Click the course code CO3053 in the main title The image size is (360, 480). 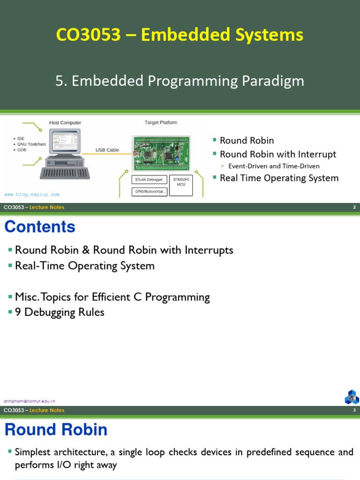pyautogui.click(x=88, y=35)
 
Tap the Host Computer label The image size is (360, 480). pyautogui.click(x=65, y=123)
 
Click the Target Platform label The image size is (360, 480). pyautogui.click(x=161, y=122)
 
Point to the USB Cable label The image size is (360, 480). pyautogui.click(x=107, y=150)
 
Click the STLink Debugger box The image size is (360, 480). pyautogui.click(x=149, y=180)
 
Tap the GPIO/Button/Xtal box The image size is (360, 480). pyautogui.click(x=149, y=191)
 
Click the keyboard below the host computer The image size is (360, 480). pyautogui.click(x=65, y=173)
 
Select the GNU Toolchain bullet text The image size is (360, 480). pyautogui.click(x=32, y=144)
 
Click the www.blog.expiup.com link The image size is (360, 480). pyautogui.click(x=32, y=194)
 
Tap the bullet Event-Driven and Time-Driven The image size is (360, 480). pyautogui.click(x=274, y=166)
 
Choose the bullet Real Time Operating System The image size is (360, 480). pyautogui.click(x=279, y=178)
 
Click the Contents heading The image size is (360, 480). pyautogui.click(x=40, y=227)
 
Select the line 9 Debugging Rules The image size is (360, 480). pyautogui.click(x=60, y=312)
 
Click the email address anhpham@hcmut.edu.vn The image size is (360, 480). pyautogui.click(x=30, y=401)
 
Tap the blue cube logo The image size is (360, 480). pyautogui.click(x=352, y=397)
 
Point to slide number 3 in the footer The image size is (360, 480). pyautogui.click(x=354, y=411)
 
